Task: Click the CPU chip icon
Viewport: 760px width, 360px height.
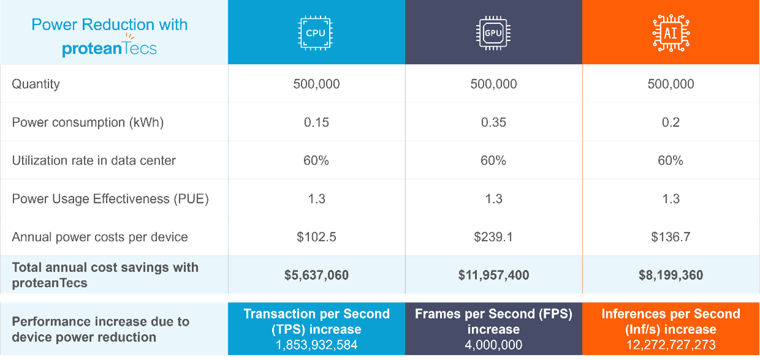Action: pos(316,33)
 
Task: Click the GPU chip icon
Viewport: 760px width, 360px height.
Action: pos(493,33)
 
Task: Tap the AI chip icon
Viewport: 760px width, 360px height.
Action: pos(671,33)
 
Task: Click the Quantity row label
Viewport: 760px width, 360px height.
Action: pos(36,84)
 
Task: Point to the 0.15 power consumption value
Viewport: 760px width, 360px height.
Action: pos(316,122)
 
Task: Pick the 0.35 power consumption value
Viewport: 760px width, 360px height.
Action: pos(493,122)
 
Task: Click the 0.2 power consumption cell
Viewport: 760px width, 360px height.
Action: pos(671,122)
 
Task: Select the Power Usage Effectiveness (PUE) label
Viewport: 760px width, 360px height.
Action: pos(110,199)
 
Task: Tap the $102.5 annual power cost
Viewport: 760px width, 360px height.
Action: pos(316,237)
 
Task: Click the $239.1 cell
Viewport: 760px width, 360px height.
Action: pos(493,237)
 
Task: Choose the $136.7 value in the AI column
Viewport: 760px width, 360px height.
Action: pos(671,237)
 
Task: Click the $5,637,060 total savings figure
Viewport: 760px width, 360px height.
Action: pos(316,275)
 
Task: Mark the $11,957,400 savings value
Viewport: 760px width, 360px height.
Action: pos(493,275)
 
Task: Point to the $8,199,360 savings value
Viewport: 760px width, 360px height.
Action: pos(671,275)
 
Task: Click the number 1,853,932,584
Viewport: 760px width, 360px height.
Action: pos(316,345)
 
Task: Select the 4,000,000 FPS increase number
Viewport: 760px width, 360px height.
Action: pos(493,345)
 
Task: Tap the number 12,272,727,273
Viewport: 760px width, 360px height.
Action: pos(671,345)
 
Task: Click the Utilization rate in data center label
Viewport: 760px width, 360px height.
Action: pos(94,161)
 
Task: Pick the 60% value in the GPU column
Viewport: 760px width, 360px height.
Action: pos(493,161)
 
